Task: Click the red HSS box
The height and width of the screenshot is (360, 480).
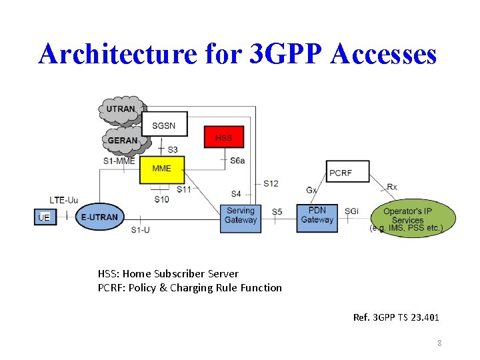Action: pyautogui.click(x=224, y=138)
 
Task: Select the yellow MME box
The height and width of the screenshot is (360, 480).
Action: pyautogui.click(x=161, y=169)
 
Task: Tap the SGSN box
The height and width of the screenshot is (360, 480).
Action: pyautogui.click(x=164, y=125)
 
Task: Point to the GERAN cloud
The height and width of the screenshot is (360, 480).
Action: pyautogui.click(x=123, y=140)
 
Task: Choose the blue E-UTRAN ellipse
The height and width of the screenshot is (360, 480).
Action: pyautogui.click(x=99, y=217)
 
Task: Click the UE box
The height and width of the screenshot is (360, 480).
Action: pyautogui.click(x=44, y=217)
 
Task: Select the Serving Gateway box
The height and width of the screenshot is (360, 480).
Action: pyautogui.click(x=240, y=215)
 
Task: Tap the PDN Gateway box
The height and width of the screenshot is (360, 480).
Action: pyautogui.click(x=317, y=215)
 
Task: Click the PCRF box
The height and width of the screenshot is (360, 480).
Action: pyautogui.click(x=341, y=173)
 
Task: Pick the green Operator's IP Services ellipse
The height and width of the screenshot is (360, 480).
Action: pyautogui.click(x=407, y=216)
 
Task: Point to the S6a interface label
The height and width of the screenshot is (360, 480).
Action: pyautogui.click(x=237, y=160)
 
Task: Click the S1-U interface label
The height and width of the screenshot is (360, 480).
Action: pyautogui.click(x=140, y=231)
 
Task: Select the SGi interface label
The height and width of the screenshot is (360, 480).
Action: pyautogui.click(x=351, y=211)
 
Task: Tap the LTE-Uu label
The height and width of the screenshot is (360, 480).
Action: pyautogui.click(x=64, y=199)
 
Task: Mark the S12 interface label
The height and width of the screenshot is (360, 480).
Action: pyautogui.click(x=271, y=183)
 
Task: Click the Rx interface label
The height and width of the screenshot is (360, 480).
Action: pyautogui.click(x=392, y=187)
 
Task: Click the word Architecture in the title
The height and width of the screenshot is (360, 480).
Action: pyautogui.click(x=119, y=53)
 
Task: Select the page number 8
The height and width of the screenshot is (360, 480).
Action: pyautogui.click(x=440, y=343)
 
